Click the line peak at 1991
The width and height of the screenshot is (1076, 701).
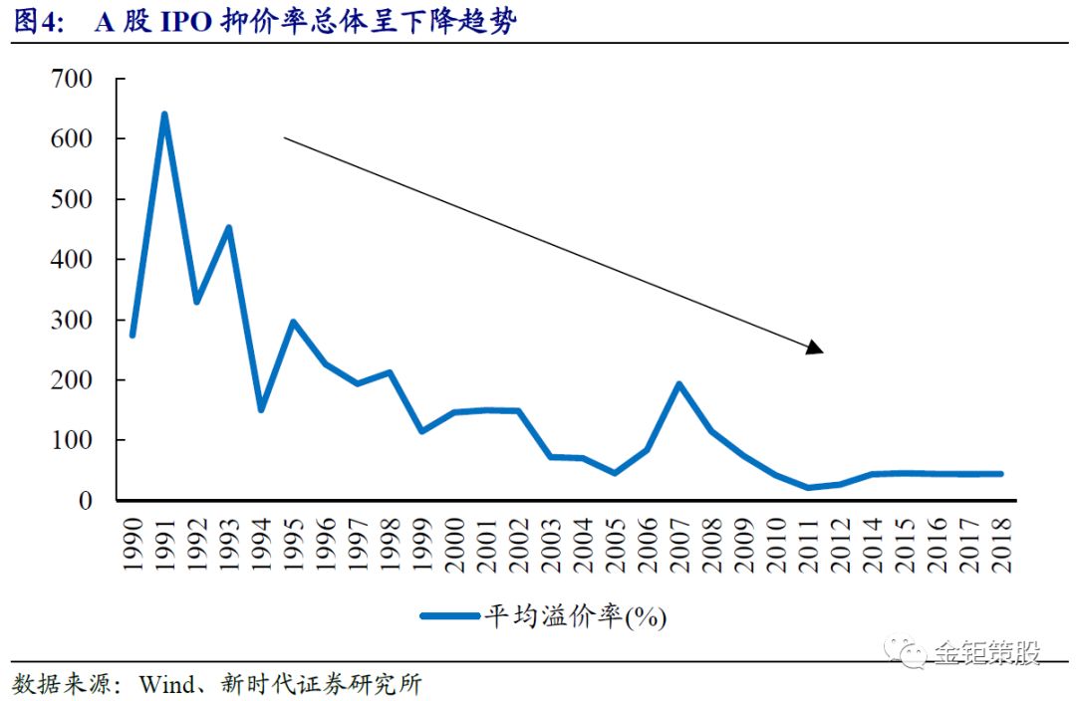164,115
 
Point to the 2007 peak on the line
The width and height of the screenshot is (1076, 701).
678,384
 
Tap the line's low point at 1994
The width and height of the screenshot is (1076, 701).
261,409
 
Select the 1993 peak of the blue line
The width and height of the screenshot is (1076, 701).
229,228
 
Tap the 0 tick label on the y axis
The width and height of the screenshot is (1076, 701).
86,500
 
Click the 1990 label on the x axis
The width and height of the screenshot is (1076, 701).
133,543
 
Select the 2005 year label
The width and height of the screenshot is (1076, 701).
615,543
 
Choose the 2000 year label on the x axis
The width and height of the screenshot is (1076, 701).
454,543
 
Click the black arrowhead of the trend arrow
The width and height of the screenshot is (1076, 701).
815,347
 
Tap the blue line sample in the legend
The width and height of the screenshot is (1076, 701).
449,616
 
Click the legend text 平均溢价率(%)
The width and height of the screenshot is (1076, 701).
575,616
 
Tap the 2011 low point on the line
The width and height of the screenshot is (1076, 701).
807,488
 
